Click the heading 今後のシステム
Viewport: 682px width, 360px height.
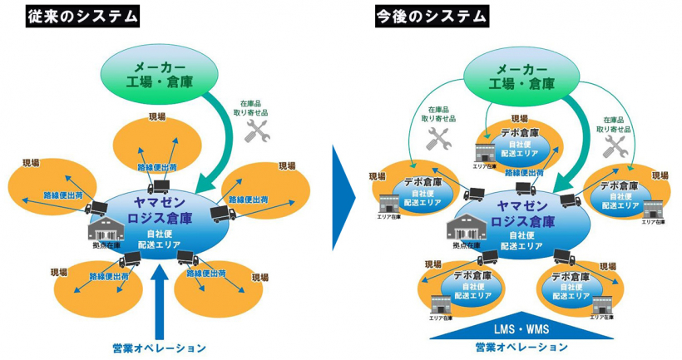click(x=429, y=14)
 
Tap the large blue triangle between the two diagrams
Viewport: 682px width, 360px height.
click(x=342, y=198)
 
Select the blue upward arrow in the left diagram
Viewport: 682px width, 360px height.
click(x=162, y=307)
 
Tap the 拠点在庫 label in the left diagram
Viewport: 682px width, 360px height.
click(x=106, y=245)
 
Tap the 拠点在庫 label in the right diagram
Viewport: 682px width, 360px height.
click(x=462, y=245)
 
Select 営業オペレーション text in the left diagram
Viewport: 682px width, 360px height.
click(x=159, y=348)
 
